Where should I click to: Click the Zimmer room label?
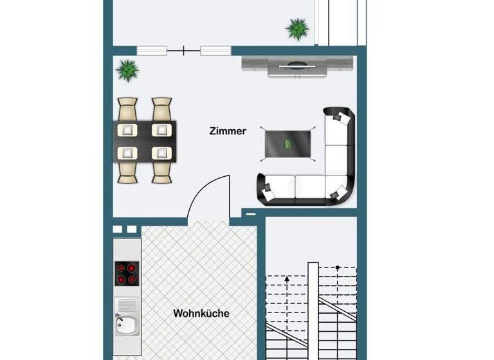(228, 131)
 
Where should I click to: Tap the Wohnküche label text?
(201, 314)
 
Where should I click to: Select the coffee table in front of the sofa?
(287, 142)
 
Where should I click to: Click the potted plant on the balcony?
(297, 28)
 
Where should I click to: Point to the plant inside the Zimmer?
(129, 69)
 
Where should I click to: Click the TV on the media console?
(298, 63)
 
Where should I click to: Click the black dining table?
(145, 141)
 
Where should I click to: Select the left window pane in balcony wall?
(152, 50)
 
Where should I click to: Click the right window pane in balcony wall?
(215, 50)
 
